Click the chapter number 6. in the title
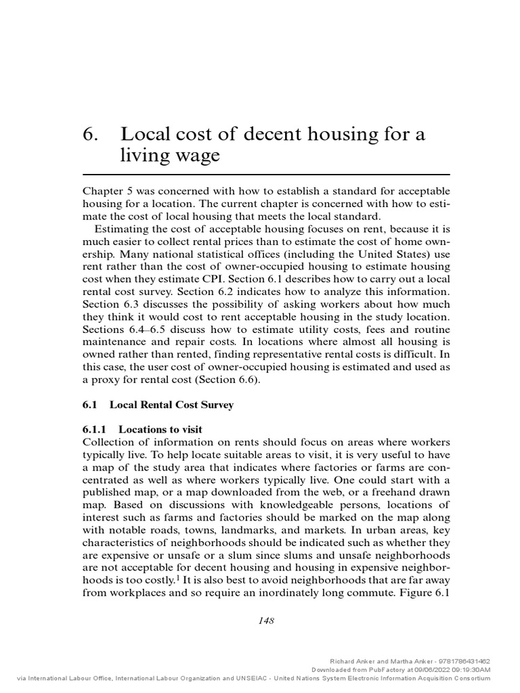pos(91,134)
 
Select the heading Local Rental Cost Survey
pos(171,405)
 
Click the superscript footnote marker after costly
pos(178,577)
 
